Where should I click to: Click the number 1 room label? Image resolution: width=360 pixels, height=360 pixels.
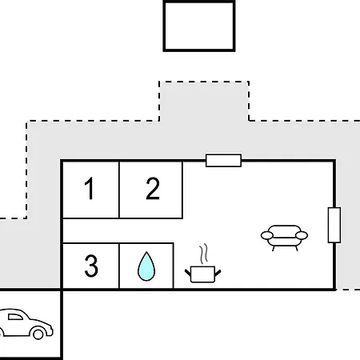[90, 188]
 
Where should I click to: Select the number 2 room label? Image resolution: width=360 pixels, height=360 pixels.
[153, 188]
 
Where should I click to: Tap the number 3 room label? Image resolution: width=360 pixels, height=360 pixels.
[91, 266]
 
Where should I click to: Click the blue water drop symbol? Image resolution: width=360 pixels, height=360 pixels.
[146, 266]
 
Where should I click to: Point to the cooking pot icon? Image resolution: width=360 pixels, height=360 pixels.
[203, 274]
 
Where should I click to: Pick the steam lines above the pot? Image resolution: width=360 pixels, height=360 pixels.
[203, 254]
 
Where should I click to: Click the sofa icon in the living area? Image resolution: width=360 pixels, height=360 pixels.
[284, 238]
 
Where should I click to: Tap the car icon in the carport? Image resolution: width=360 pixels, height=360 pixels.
[26, 324]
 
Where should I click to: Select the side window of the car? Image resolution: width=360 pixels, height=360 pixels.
[15, 317]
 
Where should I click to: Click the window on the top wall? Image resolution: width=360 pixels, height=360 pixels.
[223, 160]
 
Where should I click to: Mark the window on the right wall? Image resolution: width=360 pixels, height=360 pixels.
[334, 225]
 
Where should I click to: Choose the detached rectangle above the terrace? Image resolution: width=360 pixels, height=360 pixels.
[199, 26]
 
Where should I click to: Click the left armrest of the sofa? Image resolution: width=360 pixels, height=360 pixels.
[267, 235]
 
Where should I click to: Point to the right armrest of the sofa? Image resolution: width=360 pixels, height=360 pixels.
[302, 235]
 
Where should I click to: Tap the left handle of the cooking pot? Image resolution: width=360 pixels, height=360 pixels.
[188, 273]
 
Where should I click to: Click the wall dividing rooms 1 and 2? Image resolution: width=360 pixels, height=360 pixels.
[119, 190]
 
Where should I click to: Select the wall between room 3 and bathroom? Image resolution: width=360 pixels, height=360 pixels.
[119, 266]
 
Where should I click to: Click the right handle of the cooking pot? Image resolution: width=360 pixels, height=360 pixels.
[218, 273]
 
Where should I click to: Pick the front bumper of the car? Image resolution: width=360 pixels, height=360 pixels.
[51, 330]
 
